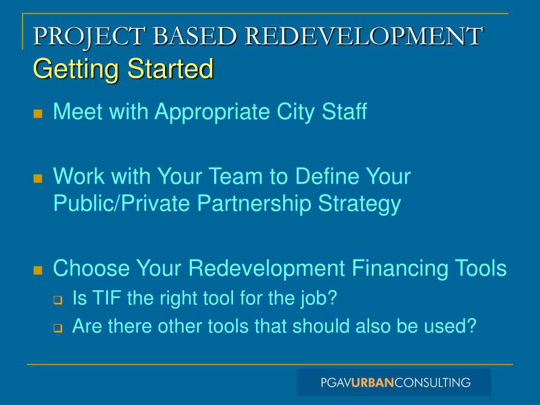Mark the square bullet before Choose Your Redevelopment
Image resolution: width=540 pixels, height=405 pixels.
pyautogui.click(x=37, y=271)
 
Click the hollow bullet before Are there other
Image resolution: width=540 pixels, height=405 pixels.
pyautogui.click(x=57, y=327)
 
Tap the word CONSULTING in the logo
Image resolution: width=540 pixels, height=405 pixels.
pyautogui.click(x=432, y=382)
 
